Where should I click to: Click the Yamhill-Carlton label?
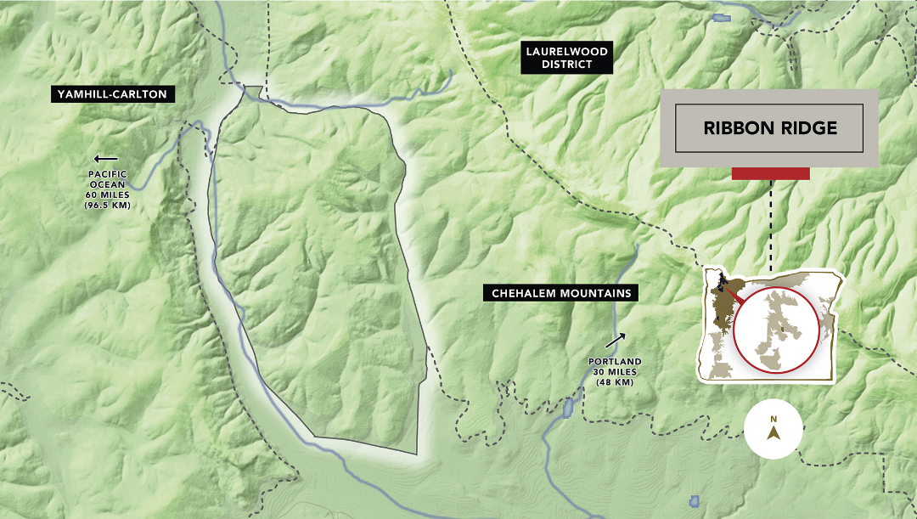113,94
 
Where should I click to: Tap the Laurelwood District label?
566,58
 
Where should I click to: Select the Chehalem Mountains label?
561,293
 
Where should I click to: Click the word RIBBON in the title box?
737,128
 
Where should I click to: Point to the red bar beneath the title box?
770,173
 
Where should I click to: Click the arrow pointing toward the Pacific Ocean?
106,158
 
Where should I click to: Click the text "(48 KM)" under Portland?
615,381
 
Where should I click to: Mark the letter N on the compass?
774,419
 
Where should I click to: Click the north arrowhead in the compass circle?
774,433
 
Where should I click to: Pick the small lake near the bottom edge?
695,500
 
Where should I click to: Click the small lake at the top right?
722,17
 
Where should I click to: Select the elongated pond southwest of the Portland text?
566,407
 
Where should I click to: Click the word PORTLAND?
615,361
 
